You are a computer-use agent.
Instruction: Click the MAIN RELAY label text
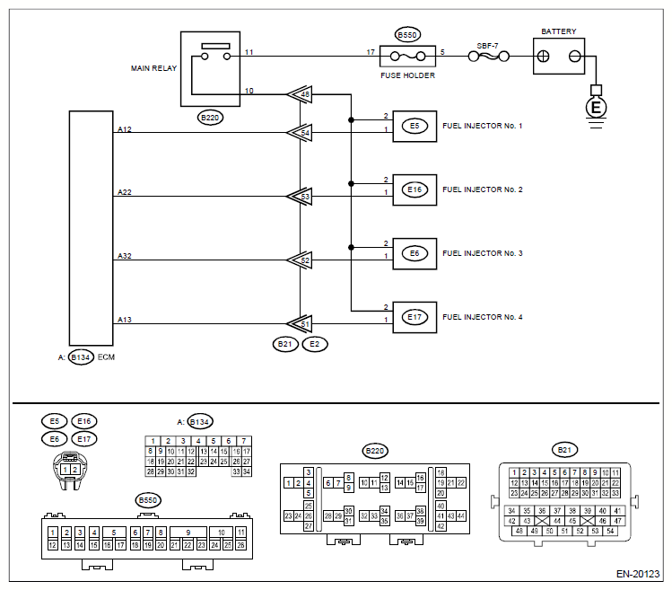point(153,68)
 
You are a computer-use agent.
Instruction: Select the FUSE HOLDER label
point(407,75)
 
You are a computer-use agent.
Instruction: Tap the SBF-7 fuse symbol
point(489,57)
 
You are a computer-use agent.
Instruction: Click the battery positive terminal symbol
point(543,57)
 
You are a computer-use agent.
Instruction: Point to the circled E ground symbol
point(596,107)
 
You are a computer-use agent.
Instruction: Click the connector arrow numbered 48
point(300,94)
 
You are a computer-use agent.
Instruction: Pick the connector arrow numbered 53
point(300,197)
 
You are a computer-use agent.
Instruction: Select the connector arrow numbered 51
point(300,324)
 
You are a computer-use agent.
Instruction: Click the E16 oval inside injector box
point(415,189)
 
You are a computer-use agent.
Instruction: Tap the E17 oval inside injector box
point(415,317)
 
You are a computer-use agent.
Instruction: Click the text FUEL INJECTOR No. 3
point(483,253)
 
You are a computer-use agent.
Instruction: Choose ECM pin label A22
point(125,192)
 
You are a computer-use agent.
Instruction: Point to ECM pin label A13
point(125,319)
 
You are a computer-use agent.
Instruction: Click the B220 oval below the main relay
point(210,118)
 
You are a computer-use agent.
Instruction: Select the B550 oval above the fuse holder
point(407,35)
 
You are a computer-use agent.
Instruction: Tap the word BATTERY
point(558,31)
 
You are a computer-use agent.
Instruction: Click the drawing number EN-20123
point(638,574)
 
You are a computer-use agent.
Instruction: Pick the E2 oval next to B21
point(315,344)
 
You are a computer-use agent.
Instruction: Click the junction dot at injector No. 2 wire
point(351,184)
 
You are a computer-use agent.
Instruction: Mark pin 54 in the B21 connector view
point(610,531)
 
